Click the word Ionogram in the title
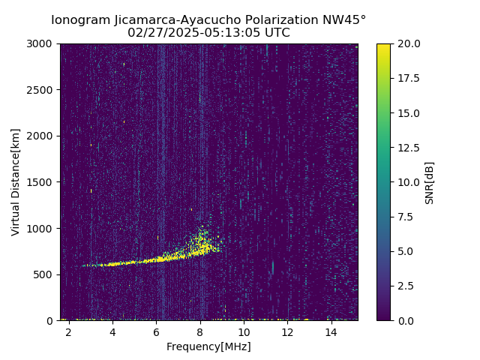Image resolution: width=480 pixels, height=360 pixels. coord(75,20)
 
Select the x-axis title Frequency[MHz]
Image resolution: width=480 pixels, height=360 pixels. coord(208,346)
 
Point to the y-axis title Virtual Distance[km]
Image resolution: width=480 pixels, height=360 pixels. coord(16,181)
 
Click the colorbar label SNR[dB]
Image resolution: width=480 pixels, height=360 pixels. coord(430,182)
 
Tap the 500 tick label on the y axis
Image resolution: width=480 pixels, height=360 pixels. coord(46,274)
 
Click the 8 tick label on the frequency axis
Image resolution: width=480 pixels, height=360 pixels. coord(200,331)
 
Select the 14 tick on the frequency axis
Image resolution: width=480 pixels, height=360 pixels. coord(331,331)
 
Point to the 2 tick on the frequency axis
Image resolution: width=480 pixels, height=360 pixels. coord(69,331)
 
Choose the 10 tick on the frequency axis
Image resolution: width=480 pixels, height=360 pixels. coord(244,331)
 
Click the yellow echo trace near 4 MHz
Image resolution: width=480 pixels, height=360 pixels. coord(113,264)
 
